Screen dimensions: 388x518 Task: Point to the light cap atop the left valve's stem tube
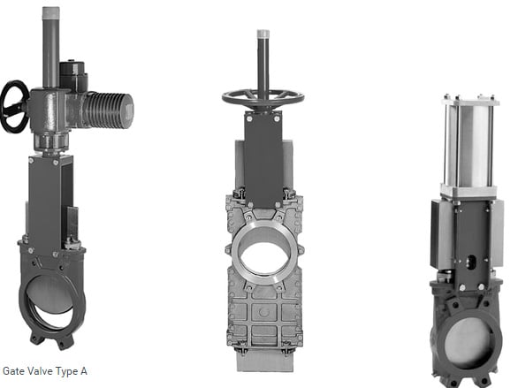50,12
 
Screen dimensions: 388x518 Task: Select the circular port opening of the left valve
50,294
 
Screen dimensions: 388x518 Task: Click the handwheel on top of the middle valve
263,98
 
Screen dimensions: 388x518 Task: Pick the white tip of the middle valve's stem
263,34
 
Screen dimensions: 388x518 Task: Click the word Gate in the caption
14,371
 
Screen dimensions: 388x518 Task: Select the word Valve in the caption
41,371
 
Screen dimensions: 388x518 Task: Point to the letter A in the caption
84,371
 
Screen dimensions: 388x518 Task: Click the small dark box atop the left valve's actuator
72,71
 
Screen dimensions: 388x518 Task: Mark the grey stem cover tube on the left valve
50,53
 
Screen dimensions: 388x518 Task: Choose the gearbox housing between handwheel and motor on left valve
49,110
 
